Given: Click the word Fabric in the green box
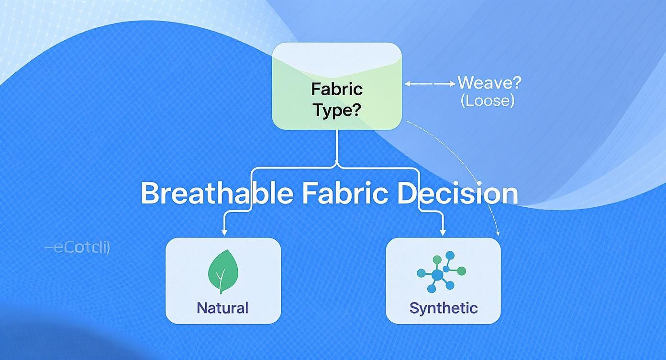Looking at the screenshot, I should pyautogui.click(x=337, y=89).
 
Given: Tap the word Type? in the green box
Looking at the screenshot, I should pyautogui.click(x=337, y=111).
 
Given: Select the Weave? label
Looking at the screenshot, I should pyautogui.click(x=489, y=83).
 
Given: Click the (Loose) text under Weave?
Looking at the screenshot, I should pyautogui.click(x=487, y=101).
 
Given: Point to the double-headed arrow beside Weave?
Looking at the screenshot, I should pyautogui.click(x=430, y=83).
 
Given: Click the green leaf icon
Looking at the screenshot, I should pyautogui.click(x=222, y=270).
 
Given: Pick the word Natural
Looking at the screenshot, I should pyautogui.click(x=222, y=307).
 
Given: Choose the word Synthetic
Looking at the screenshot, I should pyautogui.click(x=444, y=307).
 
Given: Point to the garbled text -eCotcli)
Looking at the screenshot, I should pyautogui.click(x=78, y=248).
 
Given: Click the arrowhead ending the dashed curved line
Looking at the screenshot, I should pyautogui.click(x=499, y=234).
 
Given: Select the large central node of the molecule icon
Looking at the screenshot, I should pyautogui.click(x=437, y=275).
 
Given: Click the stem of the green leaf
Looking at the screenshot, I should pyautogui.click(x=221, y=283).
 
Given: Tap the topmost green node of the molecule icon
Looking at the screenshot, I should pyautogui.click(x=436, y=259).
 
